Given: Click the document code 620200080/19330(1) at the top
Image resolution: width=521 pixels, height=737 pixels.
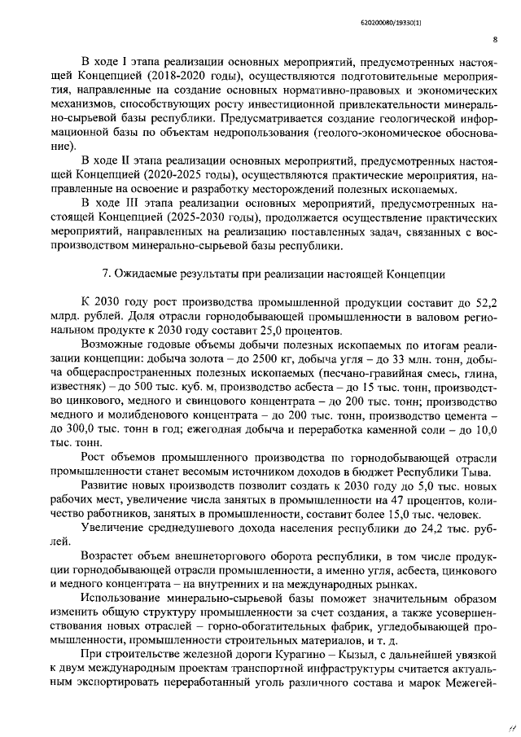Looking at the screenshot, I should click(460, 15).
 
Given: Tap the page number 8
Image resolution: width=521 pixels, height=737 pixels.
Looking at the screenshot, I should click(495, 37).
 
